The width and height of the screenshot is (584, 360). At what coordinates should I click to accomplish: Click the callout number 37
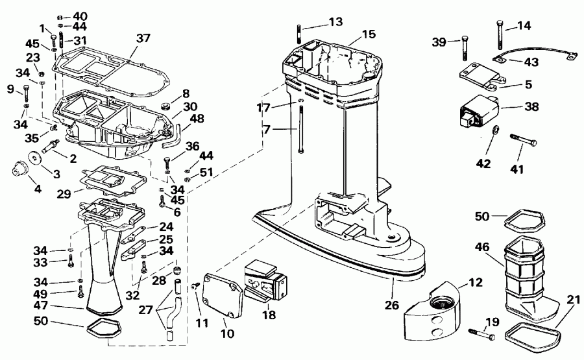point(143,38)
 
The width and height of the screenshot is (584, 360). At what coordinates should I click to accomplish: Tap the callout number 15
point(369,33)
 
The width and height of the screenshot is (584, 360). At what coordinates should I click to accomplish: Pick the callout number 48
point(197,118)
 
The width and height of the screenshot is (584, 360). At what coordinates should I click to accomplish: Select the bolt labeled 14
point(499,36)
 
